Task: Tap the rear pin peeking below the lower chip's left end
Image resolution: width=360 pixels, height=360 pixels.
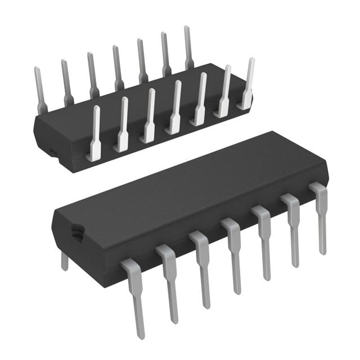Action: [x=65, y=260]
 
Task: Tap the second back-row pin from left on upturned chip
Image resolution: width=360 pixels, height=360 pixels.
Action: [x=66, y=82]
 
